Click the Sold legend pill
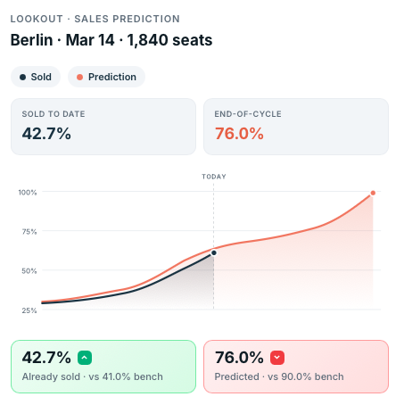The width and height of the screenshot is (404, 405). point(36,77)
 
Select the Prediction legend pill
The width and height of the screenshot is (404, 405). point(106,77)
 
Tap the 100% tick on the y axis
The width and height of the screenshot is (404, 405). point(27,192)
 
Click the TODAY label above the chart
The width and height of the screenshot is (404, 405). point(213,177)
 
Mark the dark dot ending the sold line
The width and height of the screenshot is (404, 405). point(213,253)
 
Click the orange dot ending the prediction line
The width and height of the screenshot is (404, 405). point(373,193)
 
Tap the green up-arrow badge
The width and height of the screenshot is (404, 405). point(85,358)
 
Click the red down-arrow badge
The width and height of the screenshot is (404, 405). point(277,358)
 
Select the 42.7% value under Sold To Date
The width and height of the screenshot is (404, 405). point(46,134)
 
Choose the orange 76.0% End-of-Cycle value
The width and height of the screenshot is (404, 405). point(239,134)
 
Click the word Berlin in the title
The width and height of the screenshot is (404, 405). point(31,40)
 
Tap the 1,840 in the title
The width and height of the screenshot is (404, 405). point(140,40)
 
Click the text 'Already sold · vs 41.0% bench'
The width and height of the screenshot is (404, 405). point(93,376)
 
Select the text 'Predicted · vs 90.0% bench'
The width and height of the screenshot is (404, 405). point(280,376)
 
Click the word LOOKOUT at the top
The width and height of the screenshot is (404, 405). point(37,19)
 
